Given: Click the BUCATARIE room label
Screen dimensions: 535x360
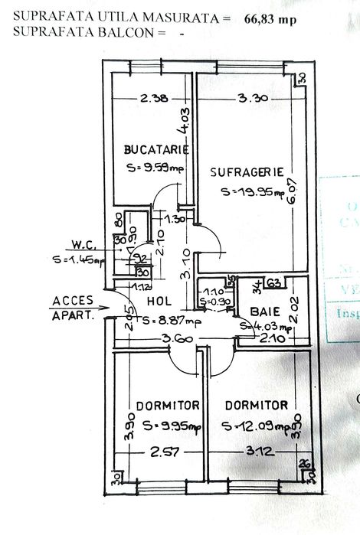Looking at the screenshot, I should pos(156,150).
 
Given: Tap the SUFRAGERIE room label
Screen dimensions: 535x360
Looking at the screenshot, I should pos(247,172).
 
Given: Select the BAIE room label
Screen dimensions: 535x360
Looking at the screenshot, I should pos(264,312).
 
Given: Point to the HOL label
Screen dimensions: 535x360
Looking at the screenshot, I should pos(159,302).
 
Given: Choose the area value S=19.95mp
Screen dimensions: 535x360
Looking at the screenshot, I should pos(247,192).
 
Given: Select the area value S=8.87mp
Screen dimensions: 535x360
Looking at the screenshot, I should pos(162,321).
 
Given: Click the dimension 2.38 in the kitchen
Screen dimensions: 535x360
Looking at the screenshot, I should pos(153,97).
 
